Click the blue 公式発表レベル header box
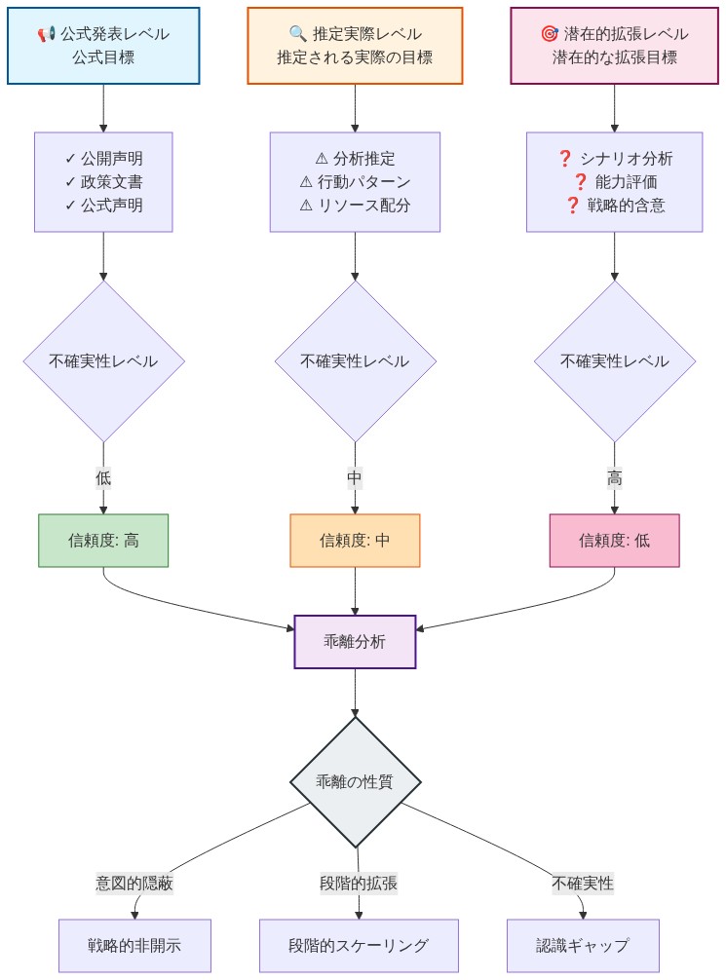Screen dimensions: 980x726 tap(103, 46)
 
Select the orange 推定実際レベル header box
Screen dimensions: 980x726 tap(355, 46)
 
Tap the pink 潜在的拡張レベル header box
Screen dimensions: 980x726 tap(614, 46)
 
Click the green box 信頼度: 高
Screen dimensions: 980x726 tap(103, 540)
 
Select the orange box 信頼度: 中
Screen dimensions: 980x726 tap(355, 540)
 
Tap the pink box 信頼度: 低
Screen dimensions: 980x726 tap(614, 540)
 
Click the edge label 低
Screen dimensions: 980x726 tap(103, 478)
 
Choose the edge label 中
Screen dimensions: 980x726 tap(355, 478)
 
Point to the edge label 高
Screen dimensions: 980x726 tap(614, 478)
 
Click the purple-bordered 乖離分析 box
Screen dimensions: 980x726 tap(355, 641)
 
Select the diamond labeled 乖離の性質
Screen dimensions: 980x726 tap(355, 782)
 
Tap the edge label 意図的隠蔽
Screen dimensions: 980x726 tap(134, 884)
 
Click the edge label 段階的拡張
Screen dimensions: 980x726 tap(359, 884)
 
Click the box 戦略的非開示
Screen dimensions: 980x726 tap(134, 945)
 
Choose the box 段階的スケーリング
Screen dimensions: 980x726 tap(359, 945)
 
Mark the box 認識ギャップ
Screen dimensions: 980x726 tap(583, 945)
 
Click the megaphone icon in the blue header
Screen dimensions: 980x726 tap(47, 35)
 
